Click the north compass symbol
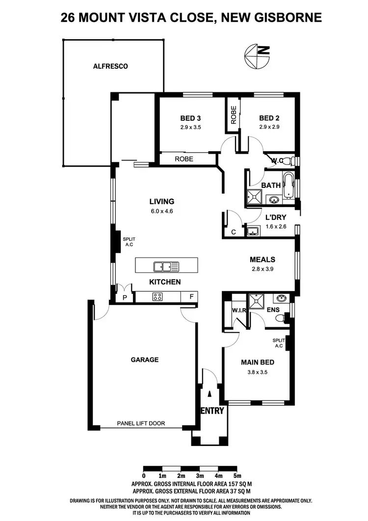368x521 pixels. tap(257, 57)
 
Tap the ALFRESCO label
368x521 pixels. tap(110, 66)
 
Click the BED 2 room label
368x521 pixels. tap(269, 118)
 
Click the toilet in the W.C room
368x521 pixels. tap(289, 161)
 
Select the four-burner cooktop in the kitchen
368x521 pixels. tap(158, 296)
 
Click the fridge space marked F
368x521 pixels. tap(190, 297)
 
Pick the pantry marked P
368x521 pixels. tap(125, 297)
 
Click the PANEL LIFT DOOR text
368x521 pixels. tap(141, 423)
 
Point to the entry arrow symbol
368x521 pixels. tap(210, 393)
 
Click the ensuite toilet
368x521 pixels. tap(281, 319)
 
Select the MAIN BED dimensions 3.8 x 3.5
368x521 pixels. tap(257, 372)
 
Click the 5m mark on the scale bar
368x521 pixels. tap(237, 476)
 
